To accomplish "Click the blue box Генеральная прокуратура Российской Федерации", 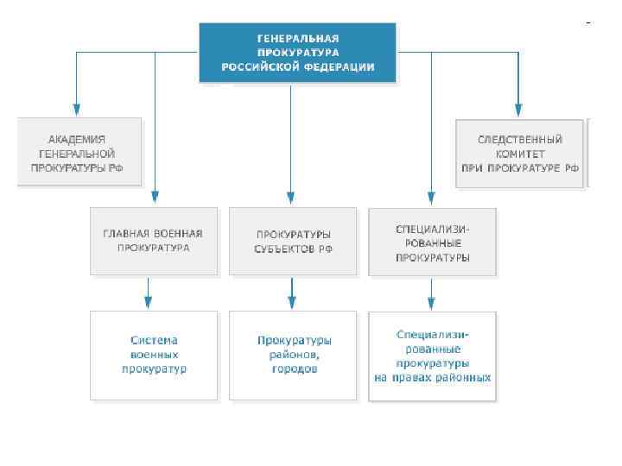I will [298, 53].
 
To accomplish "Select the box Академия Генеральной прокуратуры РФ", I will [79, 153].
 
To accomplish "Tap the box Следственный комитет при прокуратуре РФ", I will [520, 153].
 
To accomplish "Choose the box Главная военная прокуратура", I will [154, 241].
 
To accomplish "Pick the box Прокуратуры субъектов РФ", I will [293, 241].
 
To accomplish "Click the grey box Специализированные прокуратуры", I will [432, 242].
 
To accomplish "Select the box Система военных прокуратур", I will [154, 356].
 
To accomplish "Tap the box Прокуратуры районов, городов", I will [293, 356].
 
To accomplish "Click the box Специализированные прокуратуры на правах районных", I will [432, 356].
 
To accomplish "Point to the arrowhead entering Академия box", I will [77, 110].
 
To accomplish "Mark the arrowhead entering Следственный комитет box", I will [518, 110].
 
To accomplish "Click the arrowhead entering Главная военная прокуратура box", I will [155, 199].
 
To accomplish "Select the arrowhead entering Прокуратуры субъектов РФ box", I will [291, 199].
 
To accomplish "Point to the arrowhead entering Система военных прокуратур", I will [149, 302].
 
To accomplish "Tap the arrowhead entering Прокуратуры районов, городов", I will [292, 302].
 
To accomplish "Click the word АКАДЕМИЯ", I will [77, 139].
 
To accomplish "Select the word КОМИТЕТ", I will [519, 153].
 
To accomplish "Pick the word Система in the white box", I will [154, 341].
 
